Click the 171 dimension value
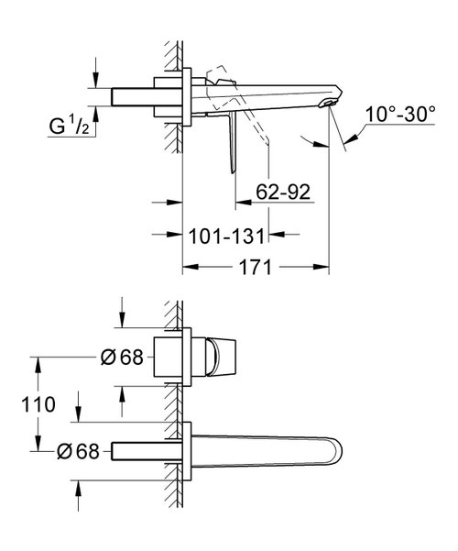256,267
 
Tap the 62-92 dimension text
283,192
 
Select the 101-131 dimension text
226,236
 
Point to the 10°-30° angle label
400,114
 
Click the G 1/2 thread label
70,126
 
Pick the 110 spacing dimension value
38,404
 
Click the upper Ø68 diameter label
122,358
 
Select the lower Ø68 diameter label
78,451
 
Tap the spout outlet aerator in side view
328,103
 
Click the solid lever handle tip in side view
233,171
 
